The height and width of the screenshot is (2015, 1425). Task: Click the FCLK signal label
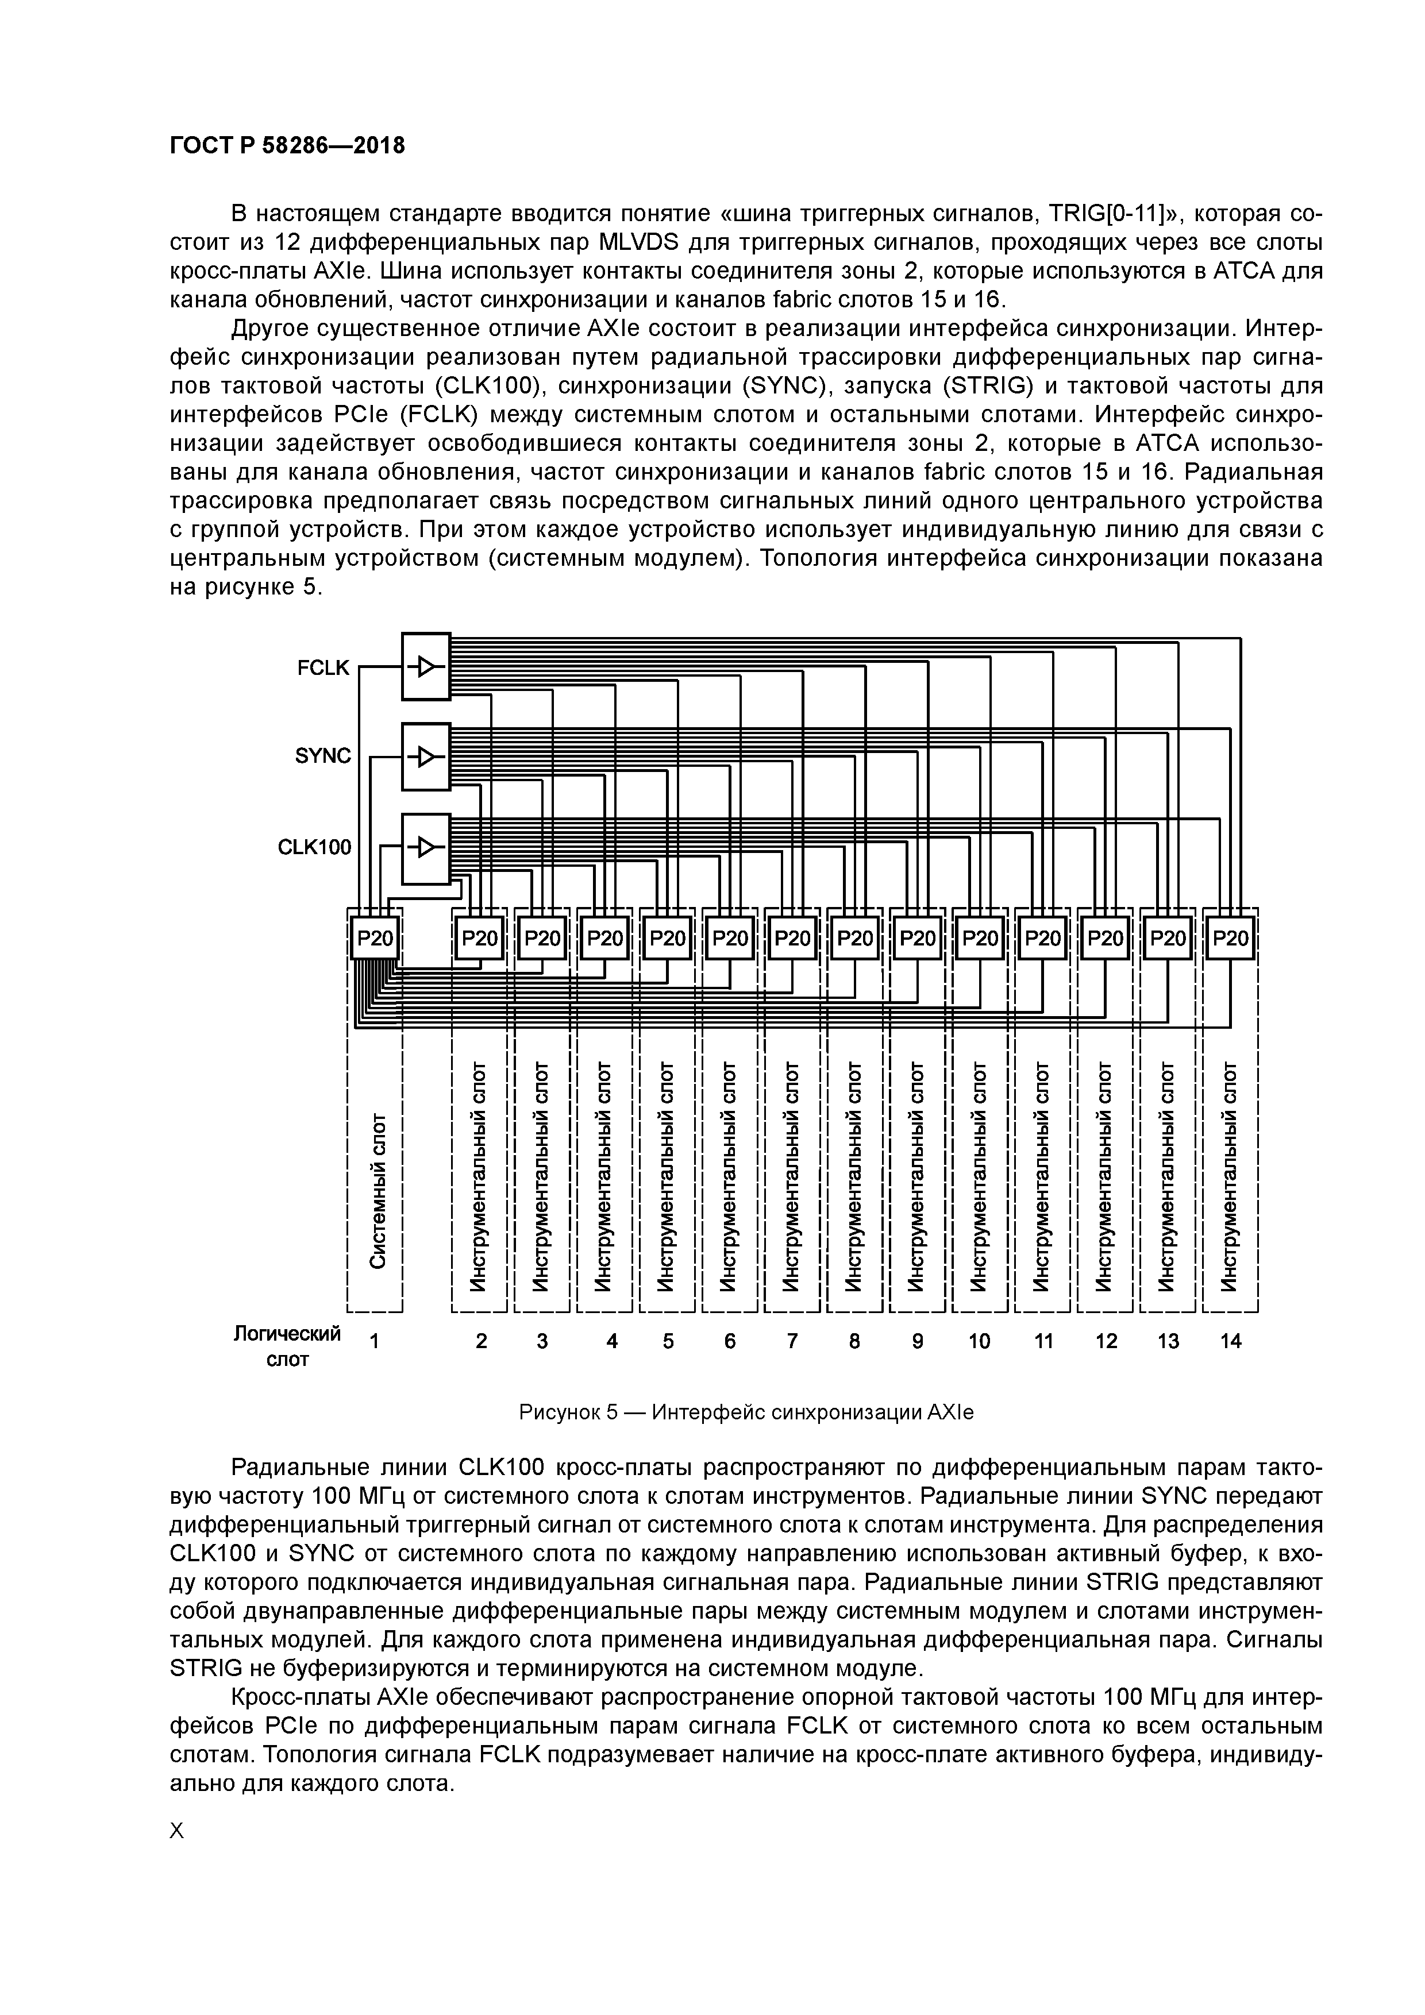pos(323,668)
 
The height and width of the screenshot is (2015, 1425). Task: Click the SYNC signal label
pos(323,756)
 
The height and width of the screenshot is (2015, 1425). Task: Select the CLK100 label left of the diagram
pos(314,847)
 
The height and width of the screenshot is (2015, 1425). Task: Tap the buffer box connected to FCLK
pos(426,667)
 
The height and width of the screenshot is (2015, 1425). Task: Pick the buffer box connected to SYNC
pos(426,756)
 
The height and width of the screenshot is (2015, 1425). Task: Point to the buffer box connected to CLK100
pos(426,848)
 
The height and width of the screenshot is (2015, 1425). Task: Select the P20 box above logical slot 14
pos(1230,938)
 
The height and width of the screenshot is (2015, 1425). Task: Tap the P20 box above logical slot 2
pos(479,938)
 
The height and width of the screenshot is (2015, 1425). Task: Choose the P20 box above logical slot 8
pos(855,938)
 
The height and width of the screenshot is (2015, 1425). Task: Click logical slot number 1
pos(375,1341)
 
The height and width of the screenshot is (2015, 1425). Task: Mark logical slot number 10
pos(979,1341)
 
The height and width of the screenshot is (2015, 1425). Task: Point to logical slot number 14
pos(1230,1341)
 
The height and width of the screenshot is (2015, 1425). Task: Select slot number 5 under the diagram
pos(668,1341)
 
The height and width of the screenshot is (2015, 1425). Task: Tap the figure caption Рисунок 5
pos(746,1412)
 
